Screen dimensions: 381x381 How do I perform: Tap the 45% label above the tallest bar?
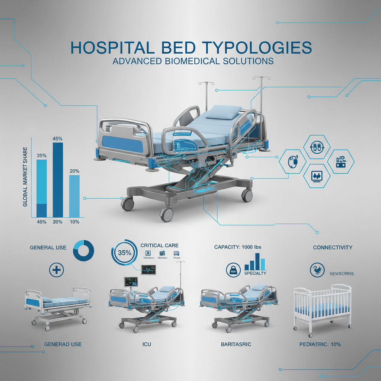[x=58, y=139]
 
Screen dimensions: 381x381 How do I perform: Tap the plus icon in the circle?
[x=57, y=270]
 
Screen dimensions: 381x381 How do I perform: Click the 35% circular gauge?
[x=125, y=253]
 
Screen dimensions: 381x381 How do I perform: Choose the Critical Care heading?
[x=159, y=246]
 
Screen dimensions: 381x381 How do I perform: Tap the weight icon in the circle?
[x=233, y=270]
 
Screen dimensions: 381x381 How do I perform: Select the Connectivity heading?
[x=333, y=247]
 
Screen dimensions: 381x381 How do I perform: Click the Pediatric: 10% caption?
[x=320, y=345]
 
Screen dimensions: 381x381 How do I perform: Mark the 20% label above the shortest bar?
[x=74, y=171]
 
